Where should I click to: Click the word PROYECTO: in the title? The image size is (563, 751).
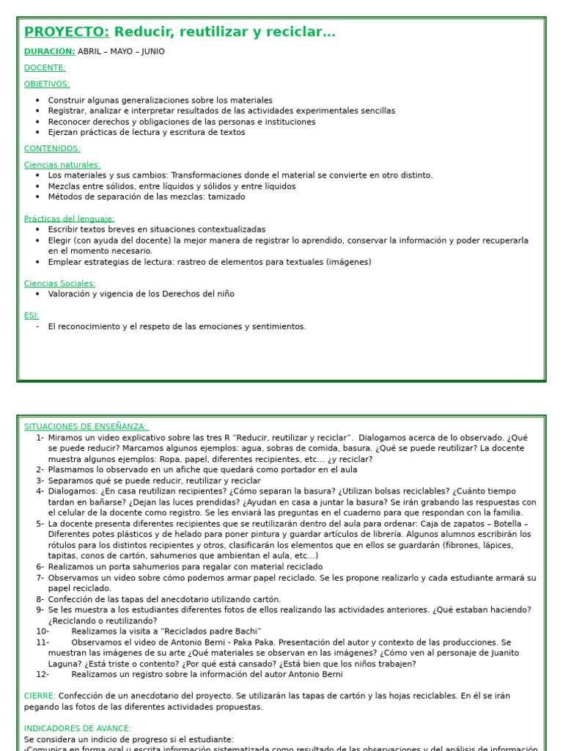point(67,32)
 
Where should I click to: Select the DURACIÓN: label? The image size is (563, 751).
point(49,51)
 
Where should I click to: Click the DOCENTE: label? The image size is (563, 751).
point(45,68)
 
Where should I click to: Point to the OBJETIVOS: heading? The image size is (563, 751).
point(47,84)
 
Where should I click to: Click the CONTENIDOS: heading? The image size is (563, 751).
point(52,149)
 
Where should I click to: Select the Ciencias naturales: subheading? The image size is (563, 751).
point(62,165)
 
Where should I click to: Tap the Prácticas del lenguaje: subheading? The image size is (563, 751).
point(69,219)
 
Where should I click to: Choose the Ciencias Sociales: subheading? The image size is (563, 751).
point(59,283)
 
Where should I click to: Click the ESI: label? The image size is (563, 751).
point(32,315)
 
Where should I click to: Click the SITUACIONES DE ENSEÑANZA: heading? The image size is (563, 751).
point(86,427)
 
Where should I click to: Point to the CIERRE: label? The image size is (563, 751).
point(40,696)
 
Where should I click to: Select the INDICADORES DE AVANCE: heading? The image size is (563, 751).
point(78,728)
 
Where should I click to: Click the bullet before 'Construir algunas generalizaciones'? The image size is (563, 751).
point(37,100)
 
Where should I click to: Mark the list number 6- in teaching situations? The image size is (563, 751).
point(40,567)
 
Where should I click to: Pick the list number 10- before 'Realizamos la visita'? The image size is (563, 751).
point(43,631)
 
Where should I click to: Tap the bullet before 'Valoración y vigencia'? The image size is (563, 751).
point(37,294)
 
